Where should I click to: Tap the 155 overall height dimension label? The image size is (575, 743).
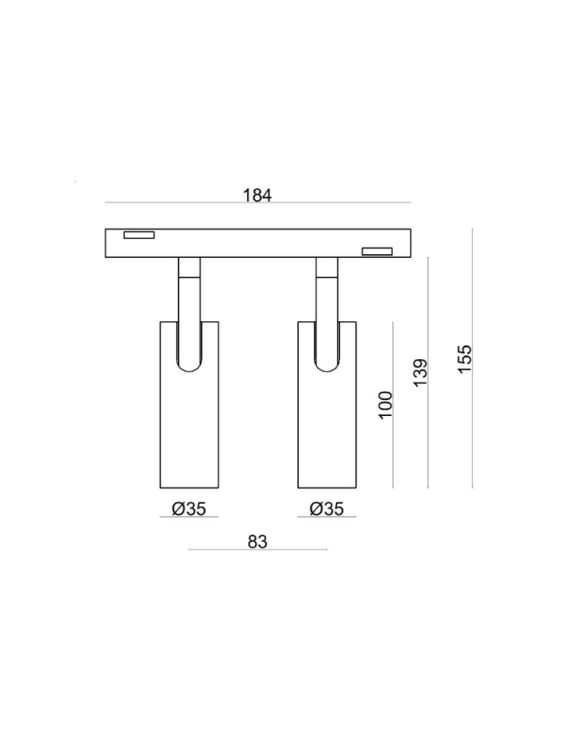click(465, 360)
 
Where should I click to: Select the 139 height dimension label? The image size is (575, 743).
click(420, 372)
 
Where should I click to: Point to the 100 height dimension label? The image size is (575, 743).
click(386, 405)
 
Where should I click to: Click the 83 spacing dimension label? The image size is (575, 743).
click(257, 542)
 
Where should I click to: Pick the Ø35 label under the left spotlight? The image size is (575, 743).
click(189, 509)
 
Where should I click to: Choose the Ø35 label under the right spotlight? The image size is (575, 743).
click(327, 509)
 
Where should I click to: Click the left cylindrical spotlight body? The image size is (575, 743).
click(189, 431)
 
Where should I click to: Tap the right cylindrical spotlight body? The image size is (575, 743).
click(327, 431)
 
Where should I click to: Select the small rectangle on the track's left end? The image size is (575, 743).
click(139, 236)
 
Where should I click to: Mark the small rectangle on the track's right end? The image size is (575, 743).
click(377, 251)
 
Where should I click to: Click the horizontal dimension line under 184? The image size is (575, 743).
click(257, 203)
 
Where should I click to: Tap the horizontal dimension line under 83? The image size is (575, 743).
click(257, 550)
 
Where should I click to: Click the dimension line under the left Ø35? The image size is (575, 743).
click(189, 517)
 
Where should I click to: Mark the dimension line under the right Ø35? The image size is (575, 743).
click(327, 517)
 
